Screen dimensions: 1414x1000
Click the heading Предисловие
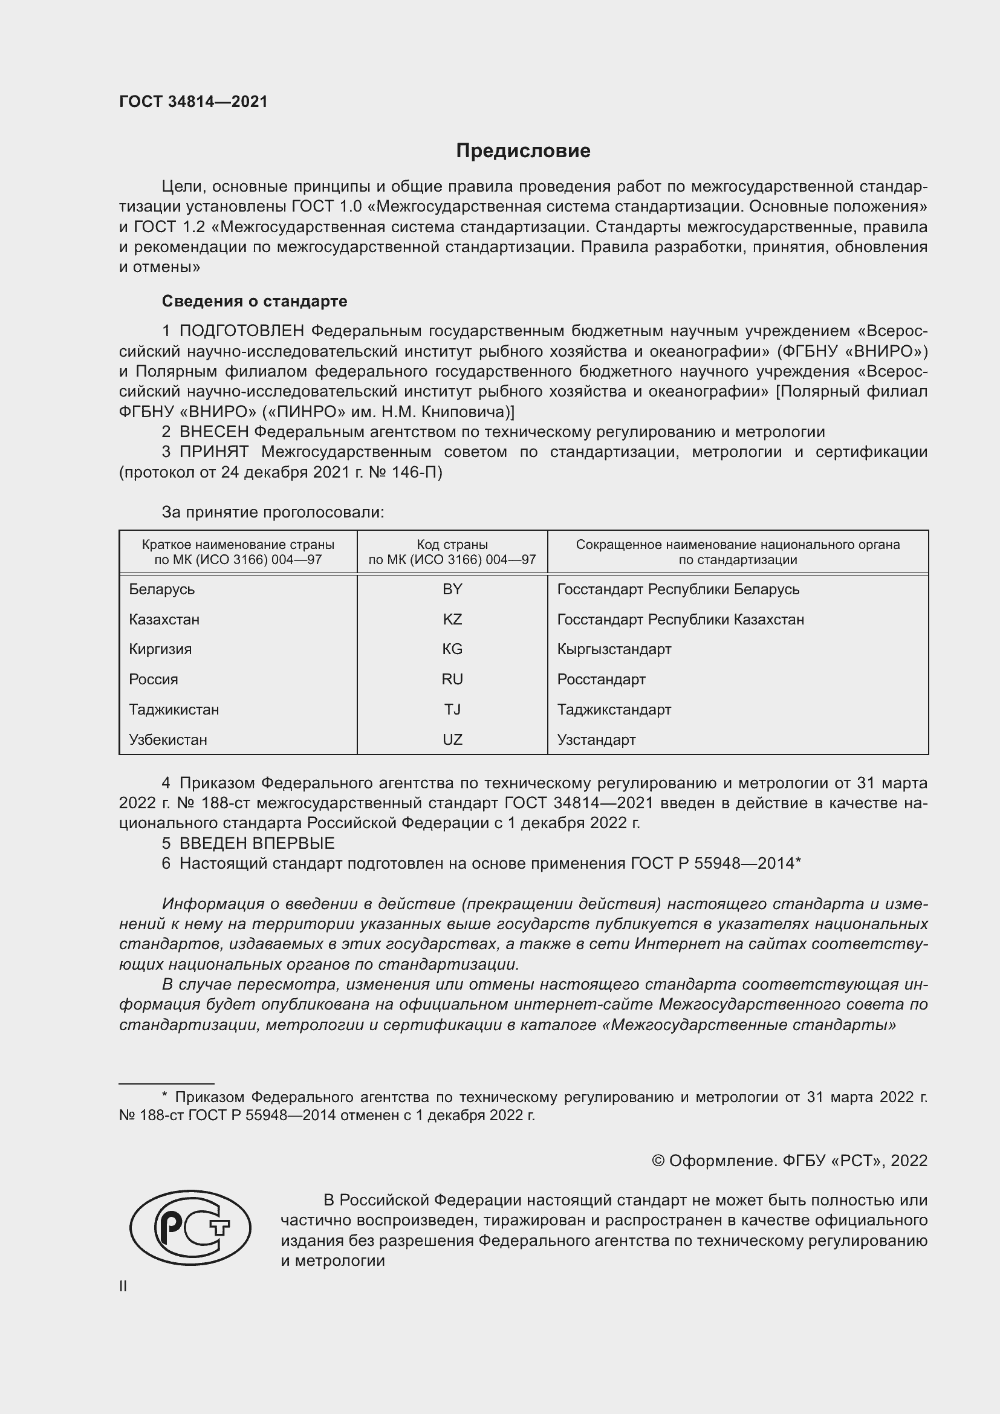coord(523,151)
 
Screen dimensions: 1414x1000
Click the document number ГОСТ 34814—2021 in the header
coord(193,102)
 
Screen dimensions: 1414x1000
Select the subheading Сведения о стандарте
coord(254,301)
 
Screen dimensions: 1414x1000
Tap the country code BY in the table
coord(452,589)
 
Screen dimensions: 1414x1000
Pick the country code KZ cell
coord(452,619)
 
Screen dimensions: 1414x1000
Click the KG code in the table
coord(452,649)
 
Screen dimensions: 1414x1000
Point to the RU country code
coord(452,679)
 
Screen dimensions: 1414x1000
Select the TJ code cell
coord(452,710)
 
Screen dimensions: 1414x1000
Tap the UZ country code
coord(452,739)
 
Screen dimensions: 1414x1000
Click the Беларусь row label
coord(161,589)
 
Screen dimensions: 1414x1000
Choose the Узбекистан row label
coord(167,739)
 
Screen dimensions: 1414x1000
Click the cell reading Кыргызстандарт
coord(614,649)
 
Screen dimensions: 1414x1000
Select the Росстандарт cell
coord(601,679)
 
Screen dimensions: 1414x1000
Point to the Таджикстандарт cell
coord(614,710)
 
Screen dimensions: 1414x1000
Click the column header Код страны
coord(452,545)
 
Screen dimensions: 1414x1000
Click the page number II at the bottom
coord(123,1286)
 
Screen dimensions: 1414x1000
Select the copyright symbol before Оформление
coord(658,1161)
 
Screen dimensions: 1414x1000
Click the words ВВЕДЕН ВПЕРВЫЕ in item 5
coord(257,843)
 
